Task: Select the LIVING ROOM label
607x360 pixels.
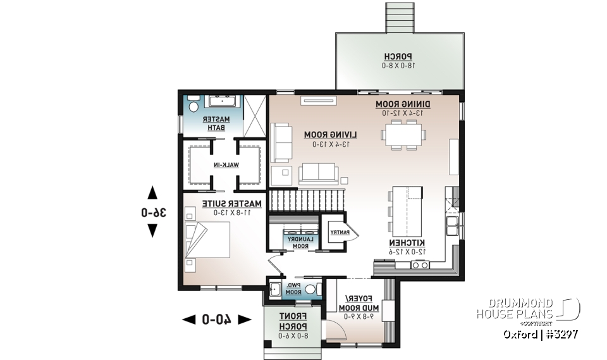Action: [330, 135]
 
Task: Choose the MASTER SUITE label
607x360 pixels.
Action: [231, 204]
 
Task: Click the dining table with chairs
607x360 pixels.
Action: [403, 134]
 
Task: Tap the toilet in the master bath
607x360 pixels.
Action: [193, 104]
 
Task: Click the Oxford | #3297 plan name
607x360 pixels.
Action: [540, 334]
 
